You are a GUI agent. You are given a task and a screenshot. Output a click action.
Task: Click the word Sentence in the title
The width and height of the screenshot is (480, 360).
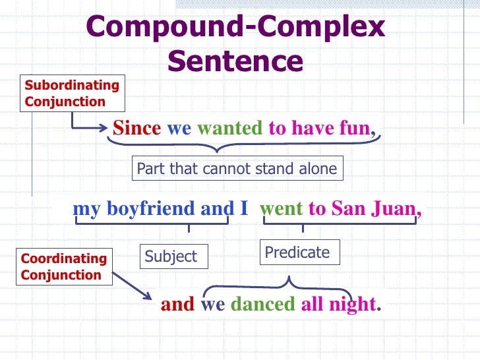(235, 61)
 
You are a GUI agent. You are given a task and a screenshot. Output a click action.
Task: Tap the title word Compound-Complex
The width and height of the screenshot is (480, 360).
(235, 27)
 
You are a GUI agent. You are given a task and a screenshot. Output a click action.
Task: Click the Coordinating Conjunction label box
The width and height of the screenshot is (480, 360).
(64, 266)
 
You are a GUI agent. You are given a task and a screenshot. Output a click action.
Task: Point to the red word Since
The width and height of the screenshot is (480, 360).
(136, 128)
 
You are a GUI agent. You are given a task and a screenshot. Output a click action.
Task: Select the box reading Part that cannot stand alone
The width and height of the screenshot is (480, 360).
(237, 169)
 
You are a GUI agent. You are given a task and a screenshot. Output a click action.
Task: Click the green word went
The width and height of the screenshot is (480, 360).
(282, 209)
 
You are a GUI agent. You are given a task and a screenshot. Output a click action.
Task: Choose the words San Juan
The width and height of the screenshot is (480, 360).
(374, 209)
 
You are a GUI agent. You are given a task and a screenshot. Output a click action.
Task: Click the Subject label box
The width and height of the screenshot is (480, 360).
(174, 256)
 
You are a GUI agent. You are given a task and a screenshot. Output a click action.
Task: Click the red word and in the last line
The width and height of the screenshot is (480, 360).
(177, 305)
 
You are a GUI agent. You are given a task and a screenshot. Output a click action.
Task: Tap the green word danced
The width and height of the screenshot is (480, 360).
(262, 305)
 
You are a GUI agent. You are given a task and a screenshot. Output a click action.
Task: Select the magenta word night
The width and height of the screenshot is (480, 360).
(355, 305)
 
